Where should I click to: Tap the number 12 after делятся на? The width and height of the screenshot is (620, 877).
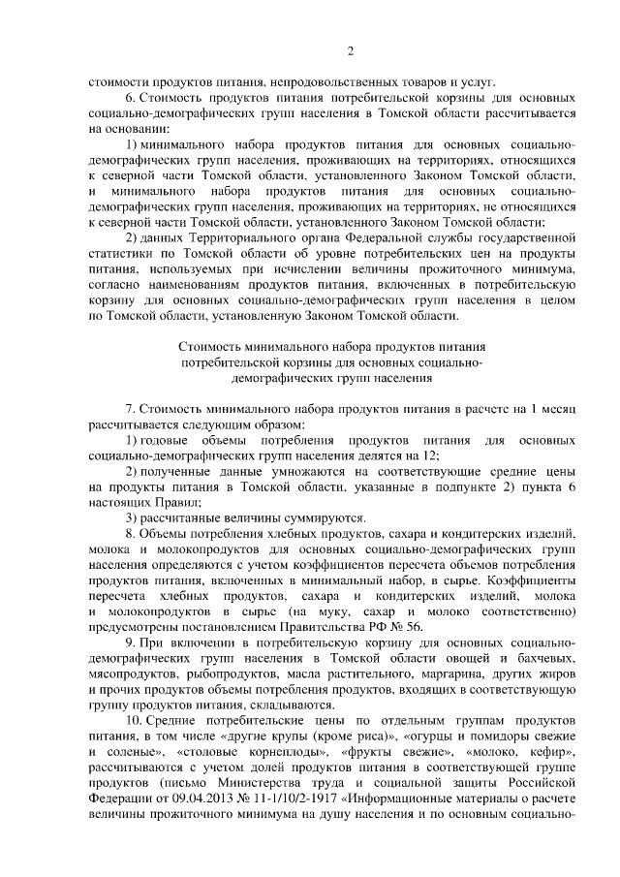[x=429, y=455]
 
